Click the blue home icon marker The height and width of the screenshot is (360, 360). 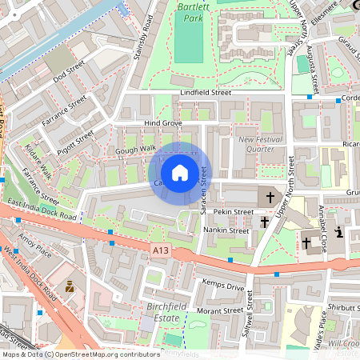coord(180,173)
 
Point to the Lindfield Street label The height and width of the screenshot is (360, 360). coord(205,93)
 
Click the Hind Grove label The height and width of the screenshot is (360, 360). coord(163,123)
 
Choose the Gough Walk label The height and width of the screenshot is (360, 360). coord(135,149)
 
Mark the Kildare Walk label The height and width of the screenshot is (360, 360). coord(38,161)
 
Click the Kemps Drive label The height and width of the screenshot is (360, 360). coord(224,286)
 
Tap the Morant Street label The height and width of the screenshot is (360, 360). coord(219,310)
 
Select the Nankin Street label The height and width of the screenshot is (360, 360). coord(226,230)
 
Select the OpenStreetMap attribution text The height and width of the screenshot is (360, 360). coord(80,354)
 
